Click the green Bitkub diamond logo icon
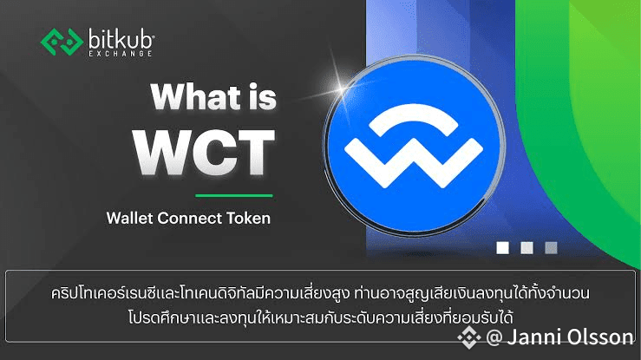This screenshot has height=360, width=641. point(62,42)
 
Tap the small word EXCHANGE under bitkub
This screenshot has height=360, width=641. point(121,54)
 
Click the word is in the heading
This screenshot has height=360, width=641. point(262,97)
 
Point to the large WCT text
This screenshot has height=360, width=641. point(204,152)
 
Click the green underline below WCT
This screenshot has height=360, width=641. point(234,196)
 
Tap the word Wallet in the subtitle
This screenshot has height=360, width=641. point(129,218)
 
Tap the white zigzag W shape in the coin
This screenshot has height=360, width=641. point(414,162)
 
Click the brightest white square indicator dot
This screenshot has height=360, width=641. point(503,248)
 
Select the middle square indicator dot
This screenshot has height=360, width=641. point(527,248)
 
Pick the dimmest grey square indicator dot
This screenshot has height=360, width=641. point(551,248)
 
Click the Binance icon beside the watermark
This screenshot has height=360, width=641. point(469,337)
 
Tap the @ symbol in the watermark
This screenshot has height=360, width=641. point(494,338)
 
